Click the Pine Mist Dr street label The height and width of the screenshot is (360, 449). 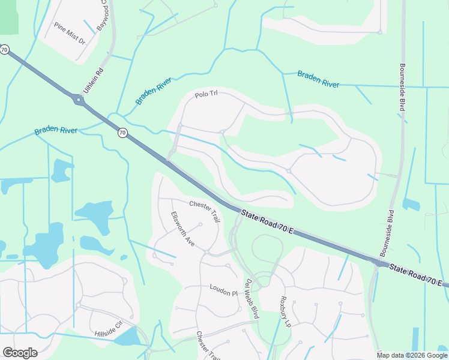coord(70,34)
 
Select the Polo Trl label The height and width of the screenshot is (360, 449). coord(205,95)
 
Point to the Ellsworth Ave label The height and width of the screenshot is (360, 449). coord(182,229)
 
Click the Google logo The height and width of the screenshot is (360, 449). coord(20,352)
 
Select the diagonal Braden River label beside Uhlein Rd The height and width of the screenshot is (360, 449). coord(154,91)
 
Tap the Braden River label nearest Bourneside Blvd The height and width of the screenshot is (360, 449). coord(318,79)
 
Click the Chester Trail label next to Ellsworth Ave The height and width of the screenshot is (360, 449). coord(205,211)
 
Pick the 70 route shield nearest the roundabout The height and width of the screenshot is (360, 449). coord(122,133)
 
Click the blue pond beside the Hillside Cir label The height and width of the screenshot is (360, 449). coord(127,338)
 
